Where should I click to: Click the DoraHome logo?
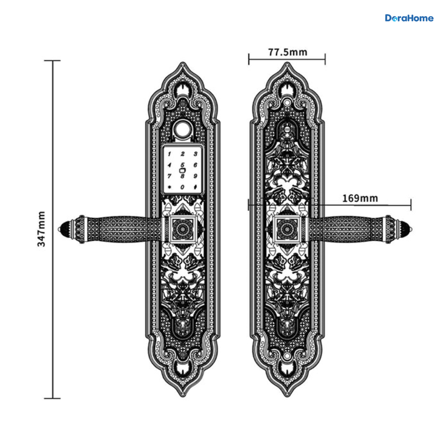(x=409, y=18)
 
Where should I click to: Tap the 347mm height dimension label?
(x=42, y=229)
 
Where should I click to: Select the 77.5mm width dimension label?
(x=288, y=52)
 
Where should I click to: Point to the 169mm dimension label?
(x=360, y=199)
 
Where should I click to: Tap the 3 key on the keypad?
(x=196, y=154)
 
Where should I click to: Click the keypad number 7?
(x=169, y=176)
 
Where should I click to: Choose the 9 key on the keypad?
(x=196, y=176)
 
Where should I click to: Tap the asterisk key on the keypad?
(x=169, y=187)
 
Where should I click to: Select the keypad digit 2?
(x=183, y=154)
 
